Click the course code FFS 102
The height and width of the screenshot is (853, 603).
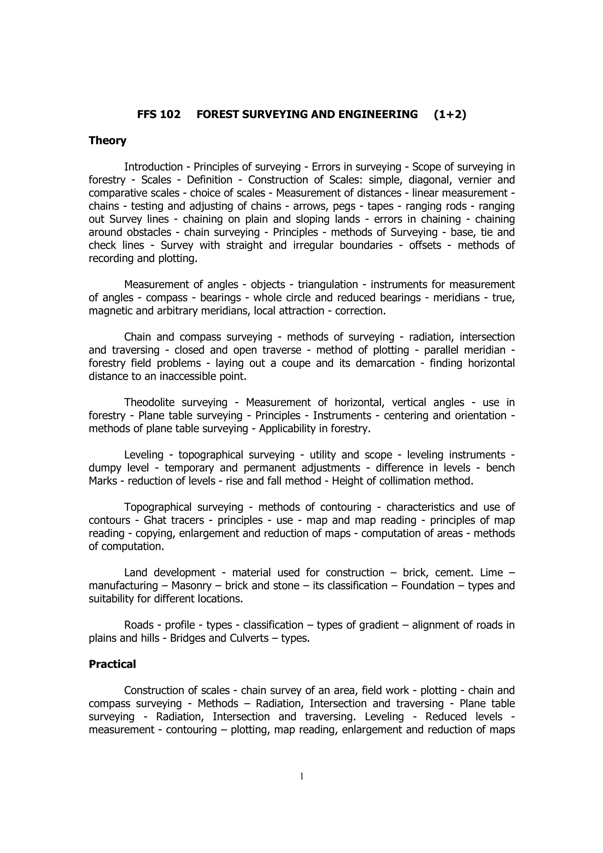159,114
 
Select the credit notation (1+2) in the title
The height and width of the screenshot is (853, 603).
450,114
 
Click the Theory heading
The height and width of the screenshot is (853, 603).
107,141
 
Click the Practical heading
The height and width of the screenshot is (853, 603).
112,664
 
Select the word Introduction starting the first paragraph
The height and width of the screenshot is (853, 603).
153,167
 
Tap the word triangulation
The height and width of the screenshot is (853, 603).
328,285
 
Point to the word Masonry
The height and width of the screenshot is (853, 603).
191,586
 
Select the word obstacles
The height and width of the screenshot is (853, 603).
149,233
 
